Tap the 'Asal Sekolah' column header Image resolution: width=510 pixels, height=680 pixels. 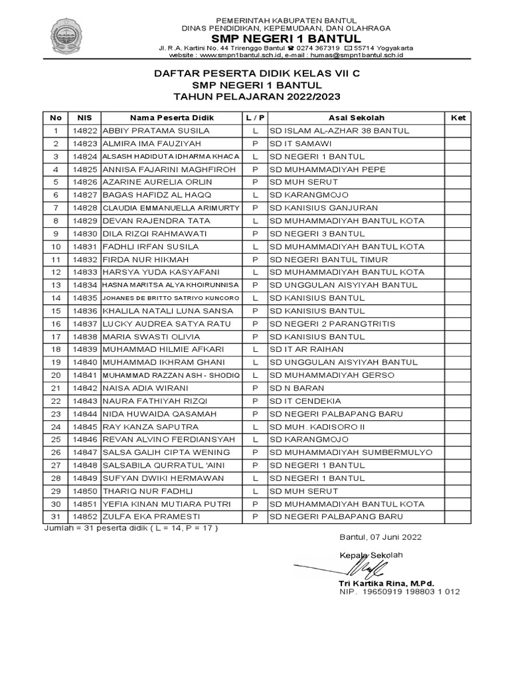tap(356, 118)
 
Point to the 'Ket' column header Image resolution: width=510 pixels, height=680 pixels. tap(458, 118)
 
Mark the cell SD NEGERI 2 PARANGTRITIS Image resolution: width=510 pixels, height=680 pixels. tap(332, 324)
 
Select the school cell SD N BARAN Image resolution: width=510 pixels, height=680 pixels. tap(297, 388)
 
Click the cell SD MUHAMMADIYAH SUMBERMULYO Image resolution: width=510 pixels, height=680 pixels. tap(351, 452)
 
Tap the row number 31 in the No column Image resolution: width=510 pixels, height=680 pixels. tap(56, 517)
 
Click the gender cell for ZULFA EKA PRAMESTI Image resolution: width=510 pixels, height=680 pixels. tap(255, 517)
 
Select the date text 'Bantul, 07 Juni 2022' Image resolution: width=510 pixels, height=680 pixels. tap(380, 537)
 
